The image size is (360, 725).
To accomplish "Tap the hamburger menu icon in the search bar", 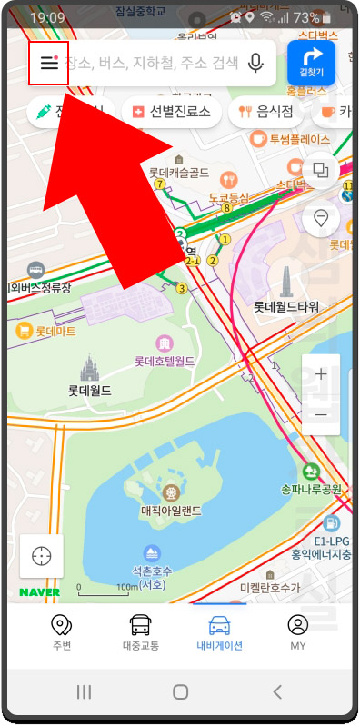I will coord(48,63).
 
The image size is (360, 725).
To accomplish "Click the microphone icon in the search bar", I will coord(256,63).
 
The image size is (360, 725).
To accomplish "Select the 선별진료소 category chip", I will coord(172,112).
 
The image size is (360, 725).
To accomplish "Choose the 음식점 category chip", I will coord(266,112).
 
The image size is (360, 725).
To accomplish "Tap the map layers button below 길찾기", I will coord(320,170).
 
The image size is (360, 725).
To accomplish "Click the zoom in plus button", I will coord(320,374).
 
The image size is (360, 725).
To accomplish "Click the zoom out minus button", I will coord(320,414).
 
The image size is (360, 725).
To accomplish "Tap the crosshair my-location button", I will coord(42,556).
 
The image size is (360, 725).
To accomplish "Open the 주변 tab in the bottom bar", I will coord(62,632).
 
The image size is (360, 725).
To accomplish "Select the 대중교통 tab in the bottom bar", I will coord(140,632).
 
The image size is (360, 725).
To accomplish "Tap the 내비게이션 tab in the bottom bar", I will coord(219,632).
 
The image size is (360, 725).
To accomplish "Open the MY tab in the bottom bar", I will coord(297,632).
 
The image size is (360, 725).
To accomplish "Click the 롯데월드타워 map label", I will coord(285,306).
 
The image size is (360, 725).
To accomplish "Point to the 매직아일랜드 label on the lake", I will coord(170,511).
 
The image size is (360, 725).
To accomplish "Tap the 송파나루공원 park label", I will coord(311,489).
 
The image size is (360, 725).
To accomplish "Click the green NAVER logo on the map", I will coord(40,592).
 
